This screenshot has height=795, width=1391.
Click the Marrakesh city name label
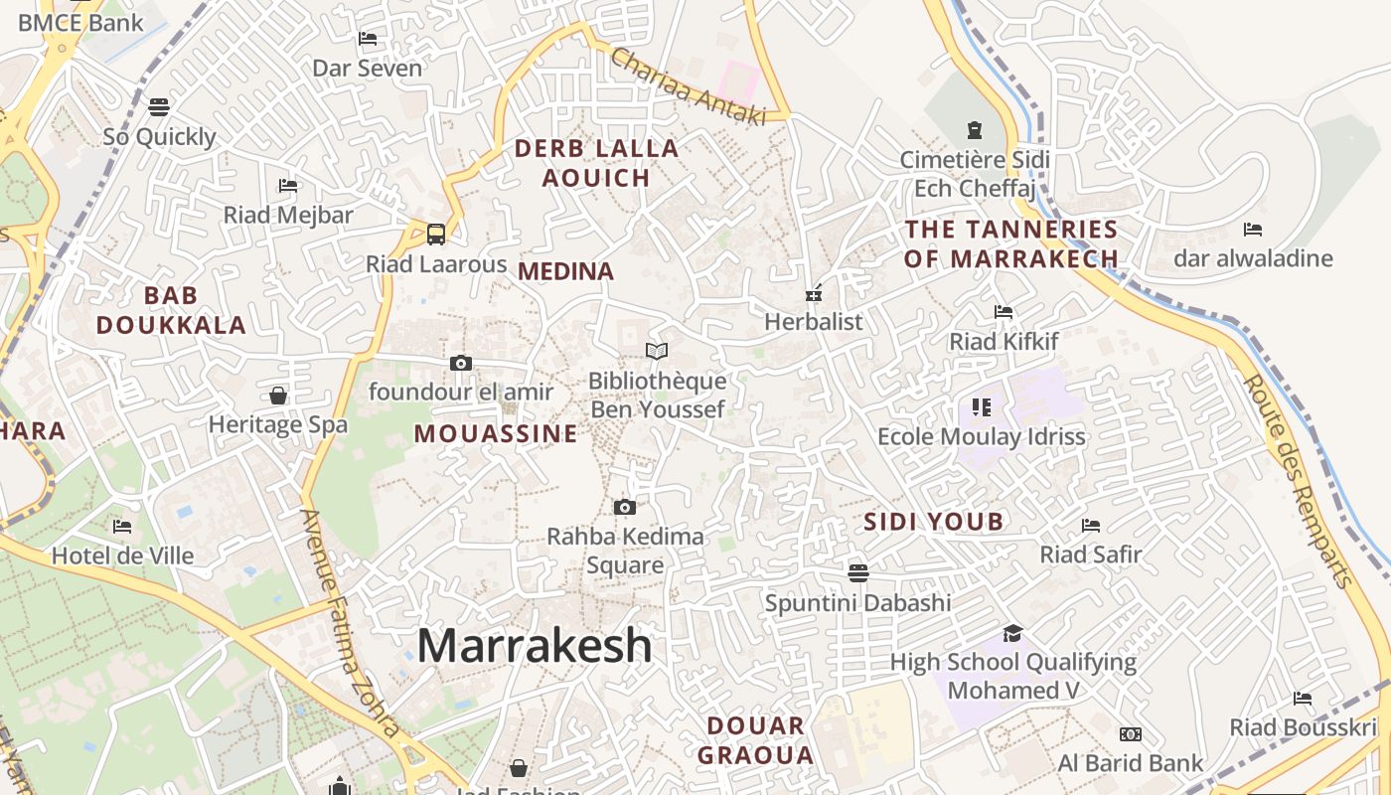tap(535, 646)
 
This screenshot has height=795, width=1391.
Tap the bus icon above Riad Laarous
tap(436, 235)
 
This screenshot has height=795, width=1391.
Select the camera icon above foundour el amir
tap(461, 363)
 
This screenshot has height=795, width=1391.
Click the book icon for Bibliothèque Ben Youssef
tap(657, 351)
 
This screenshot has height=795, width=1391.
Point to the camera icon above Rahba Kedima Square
tap(625, 508)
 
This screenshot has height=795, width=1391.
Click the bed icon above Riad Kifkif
tap(1004, 312)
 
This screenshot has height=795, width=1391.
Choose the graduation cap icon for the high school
tap(1012, 633)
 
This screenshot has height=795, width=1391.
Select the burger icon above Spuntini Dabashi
tap(858, 572)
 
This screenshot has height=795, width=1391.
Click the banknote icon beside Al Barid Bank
tap(1131, 734)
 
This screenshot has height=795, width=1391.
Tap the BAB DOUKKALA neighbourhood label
tap(171, 310)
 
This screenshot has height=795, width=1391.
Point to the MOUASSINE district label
tap(496, 434)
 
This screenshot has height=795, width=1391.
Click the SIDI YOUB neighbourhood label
tap(933, 522)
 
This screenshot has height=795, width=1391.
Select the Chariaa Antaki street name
tap(688, 87)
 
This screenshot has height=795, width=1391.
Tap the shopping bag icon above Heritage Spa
tap(278, 396)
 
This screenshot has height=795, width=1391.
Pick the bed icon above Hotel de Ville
tap(122, 526)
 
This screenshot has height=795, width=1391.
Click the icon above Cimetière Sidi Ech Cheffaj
tap(974, 129)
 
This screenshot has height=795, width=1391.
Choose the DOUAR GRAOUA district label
tap(755, 740)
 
